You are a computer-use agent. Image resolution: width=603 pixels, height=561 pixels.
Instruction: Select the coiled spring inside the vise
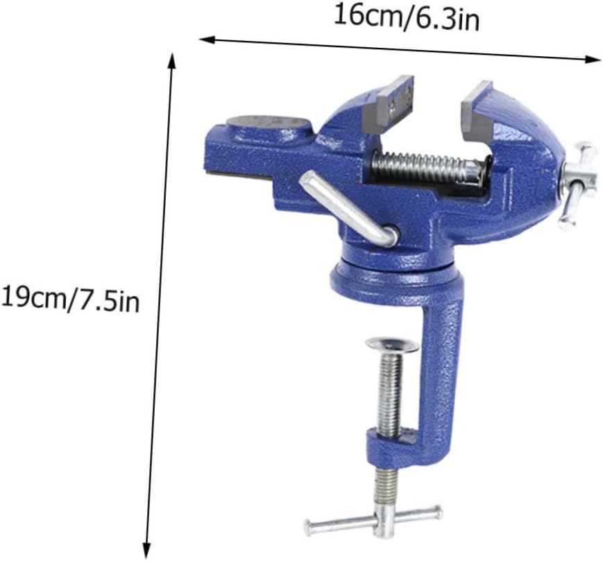coord(425,167)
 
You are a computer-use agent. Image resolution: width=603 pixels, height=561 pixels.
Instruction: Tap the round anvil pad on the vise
coord(269,129)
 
